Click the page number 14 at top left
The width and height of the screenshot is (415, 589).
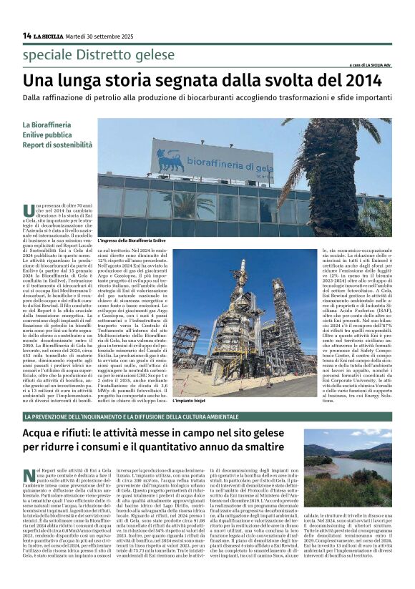pyautogui.click(x=26, y=35)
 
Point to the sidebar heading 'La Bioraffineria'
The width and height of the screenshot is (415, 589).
pyautogui.click(x=47, y=124)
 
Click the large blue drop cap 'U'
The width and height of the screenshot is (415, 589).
pyautogui.click(x=29, y=210)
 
